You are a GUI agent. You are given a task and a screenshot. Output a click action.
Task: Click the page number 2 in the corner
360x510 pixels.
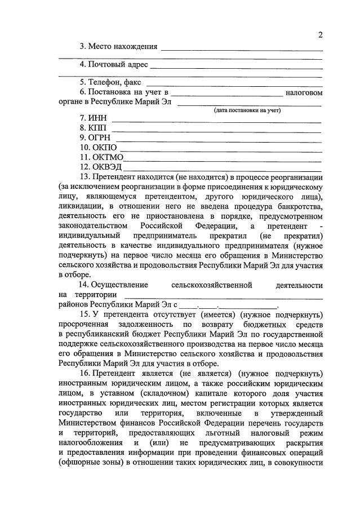(x=319, y=35)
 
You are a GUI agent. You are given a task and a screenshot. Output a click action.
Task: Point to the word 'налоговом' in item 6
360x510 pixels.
(x=304, y=92)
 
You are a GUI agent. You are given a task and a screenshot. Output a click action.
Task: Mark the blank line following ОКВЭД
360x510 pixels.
(x=223, y=167)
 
